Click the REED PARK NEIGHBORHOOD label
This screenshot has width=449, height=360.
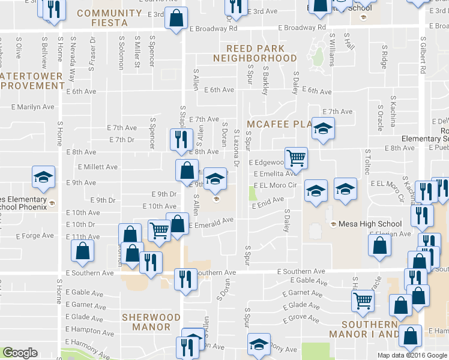[x=255, y=53]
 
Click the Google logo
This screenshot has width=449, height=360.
[x=20, y=353]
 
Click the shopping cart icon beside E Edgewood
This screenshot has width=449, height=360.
[x=296, y=158]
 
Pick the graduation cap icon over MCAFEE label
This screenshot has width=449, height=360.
[x=323, y=128]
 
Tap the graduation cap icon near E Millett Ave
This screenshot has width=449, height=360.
[x=43, y=177]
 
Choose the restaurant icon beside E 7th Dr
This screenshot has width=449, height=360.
[x=179, y=140]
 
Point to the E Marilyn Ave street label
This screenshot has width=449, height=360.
[x=32, y=107]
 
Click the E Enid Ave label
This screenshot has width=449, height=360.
[x=268, y=205]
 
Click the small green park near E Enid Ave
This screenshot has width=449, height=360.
[x=252, y=194]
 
